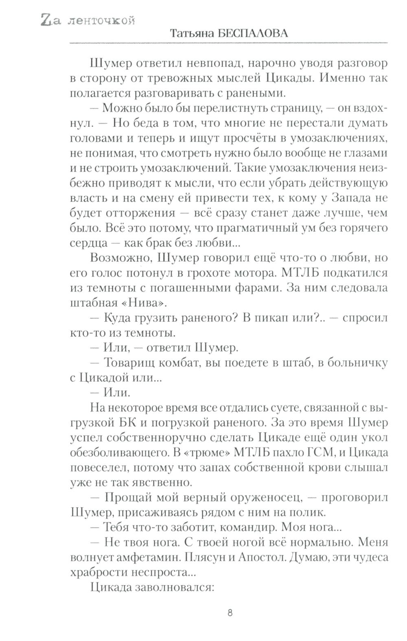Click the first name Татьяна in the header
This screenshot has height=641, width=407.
[191, 34]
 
